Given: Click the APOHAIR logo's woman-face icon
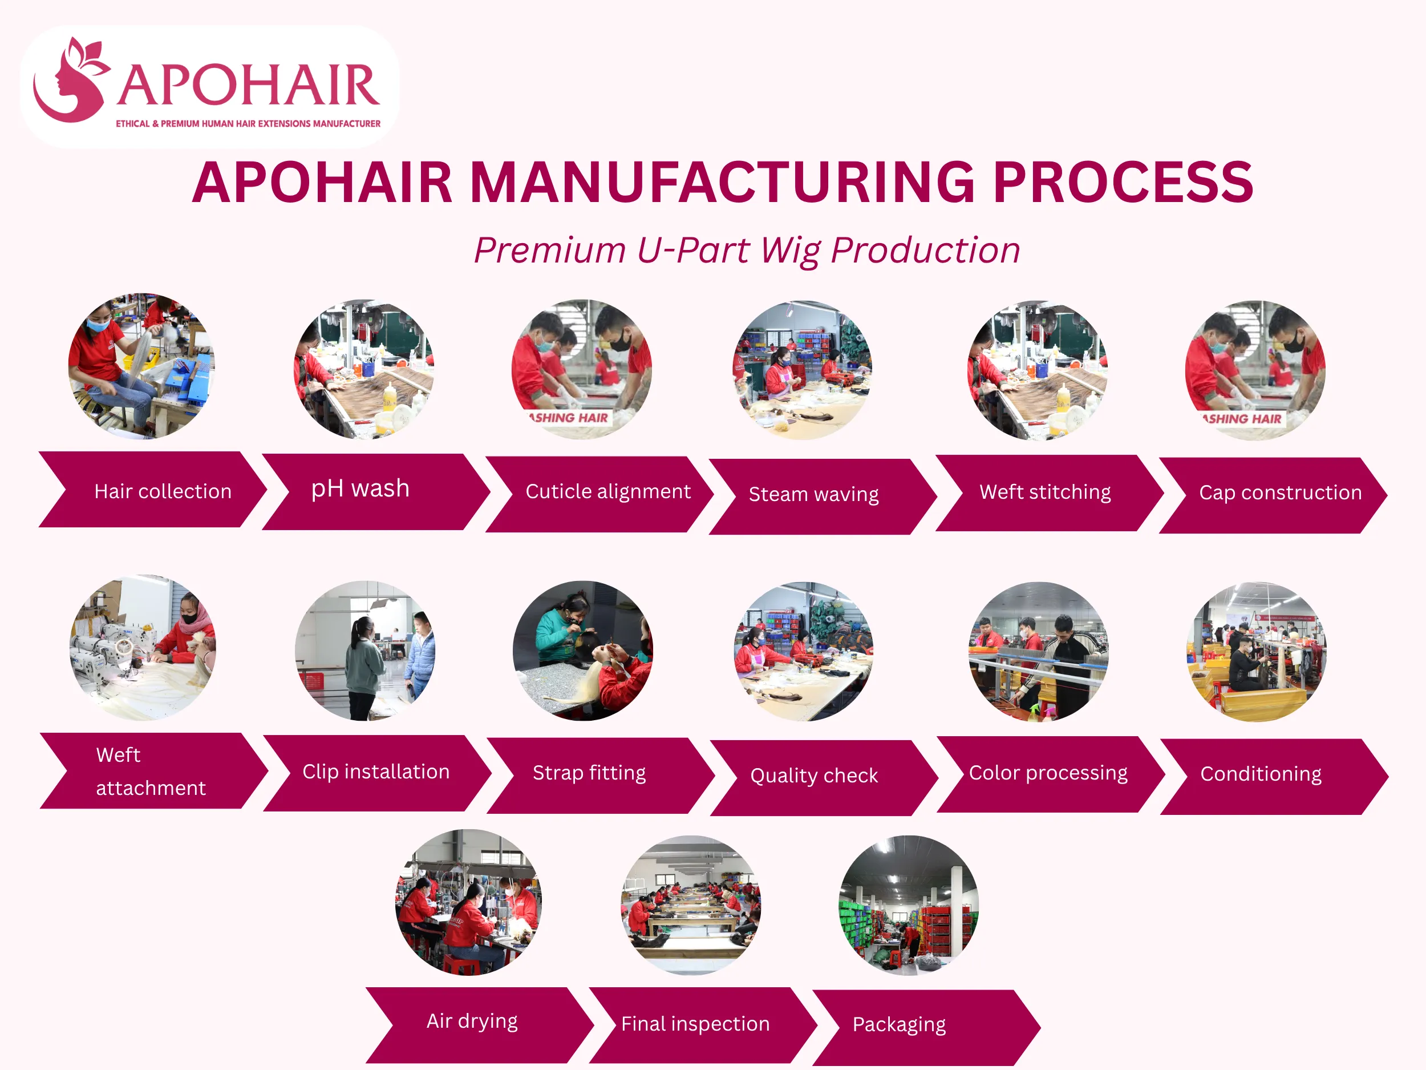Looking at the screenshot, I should (70, 81).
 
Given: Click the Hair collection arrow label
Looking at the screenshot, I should (163, 491).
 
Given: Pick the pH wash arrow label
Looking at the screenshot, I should (360, 489).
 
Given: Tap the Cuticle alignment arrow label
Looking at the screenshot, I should (607, 491).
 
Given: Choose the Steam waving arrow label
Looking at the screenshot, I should (813, 495).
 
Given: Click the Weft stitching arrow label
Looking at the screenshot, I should (1045, 492).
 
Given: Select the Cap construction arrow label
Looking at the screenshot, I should (1279, 492).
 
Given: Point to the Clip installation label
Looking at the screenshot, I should (376, 772).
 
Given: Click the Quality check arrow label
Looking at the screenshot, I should (813, 775).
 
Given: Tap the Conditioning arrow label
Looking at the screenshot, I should (1261, 774).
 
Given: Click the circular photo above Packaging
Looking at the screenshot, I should (908, 905).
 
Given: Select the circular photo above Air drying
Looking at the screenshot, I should (469, 902).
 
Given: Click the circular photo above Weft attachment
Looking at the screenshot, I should (143, 648).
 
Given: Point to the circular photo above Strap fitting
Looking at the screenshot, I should (583, 650).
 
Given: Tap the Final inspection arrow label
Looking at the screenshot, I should (695, 1024).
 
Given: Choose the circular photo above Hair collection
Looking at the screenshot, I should (142, 366).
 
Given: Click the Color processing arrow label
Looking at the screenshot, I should (1048, 773).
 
